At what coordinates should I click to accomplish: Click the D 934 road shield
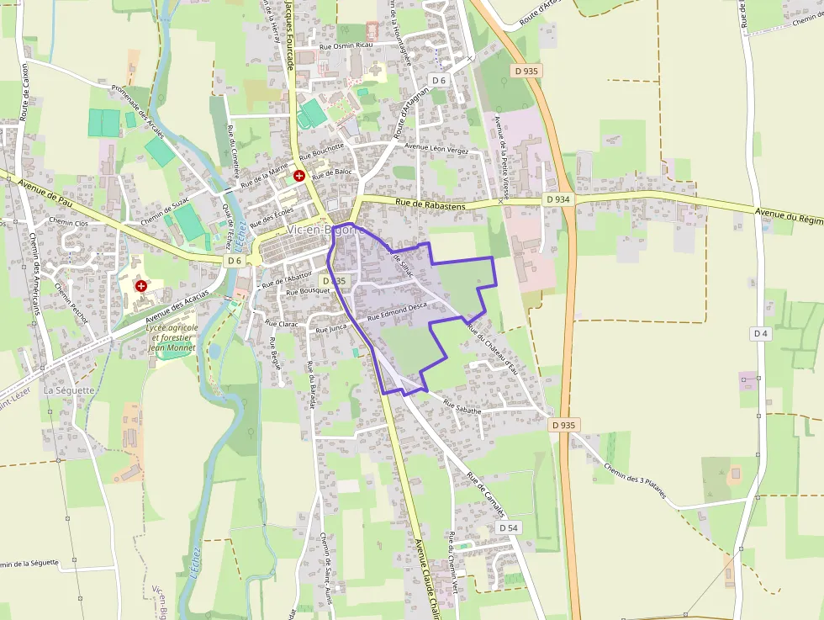coord(557,199)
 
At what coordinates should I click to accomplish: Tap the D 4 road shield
coord(761,334)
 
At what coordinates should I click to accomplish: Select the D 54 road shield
coord(507,527)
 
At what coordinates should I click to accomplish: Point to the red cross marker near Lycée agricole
coord(141,286)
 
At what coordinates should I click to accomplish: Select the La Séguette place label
coord(69,390)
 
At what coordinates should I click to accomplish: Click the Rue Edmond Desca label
coord(397,312)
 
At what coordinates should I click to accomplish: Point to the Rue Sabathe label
coord(462,407)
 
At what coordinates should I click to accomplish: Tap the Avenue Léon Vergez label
coord(436,146)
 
